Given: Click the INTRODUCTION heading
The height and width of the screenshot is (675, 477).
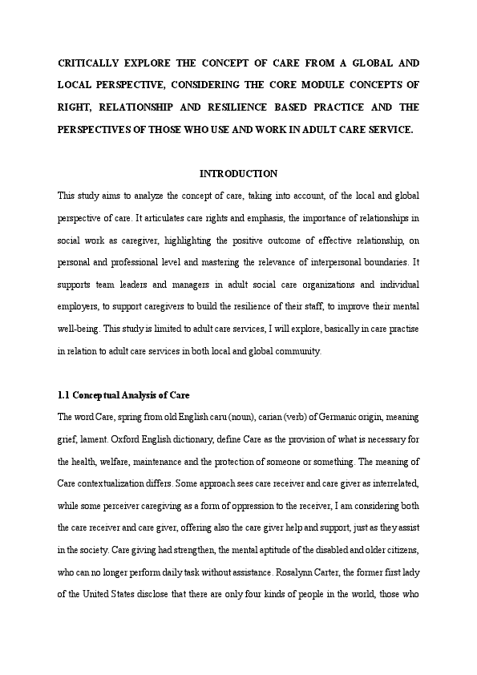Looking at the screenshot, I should tap(238, 174).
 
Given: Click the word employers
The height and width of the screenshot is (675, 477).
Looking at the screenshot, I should tap(80, 306).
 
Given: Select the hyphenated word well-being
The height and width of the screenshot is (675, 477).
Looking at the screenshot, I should tap(79, 329).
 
